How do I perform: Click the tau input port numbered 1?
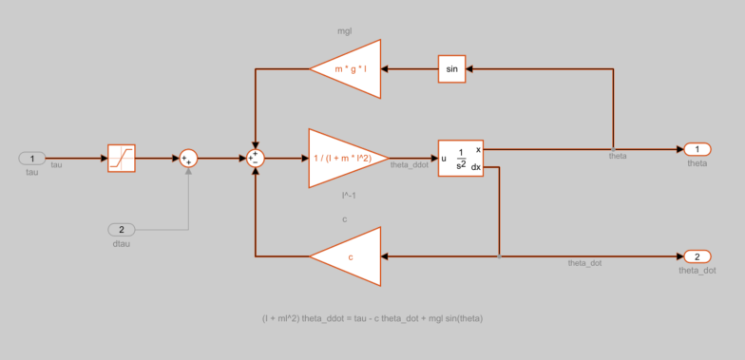31,158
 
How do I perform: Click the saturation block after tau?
121,158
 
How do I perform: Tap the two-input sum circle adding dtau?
188,158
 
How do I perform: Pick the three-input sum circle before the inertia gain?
255,158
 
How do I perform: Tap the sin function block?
452,68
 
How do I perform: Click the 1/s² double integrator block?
461,158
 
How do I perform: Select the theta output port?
697,149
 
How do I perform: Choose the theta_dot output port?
697,256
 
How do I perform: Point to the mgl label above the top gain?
345,31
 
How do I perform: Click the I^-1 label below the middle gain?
349,196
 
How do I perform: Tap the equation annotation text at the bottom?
372,317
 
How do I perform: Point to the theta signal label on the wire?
618,156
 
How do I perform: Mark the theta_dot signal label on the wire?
585,263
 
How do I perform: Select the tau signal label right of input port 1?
56,165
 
